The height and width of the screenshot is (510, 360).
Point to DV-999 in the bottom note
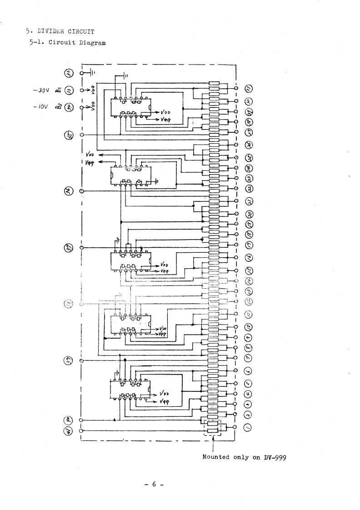tap(274, 457)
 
